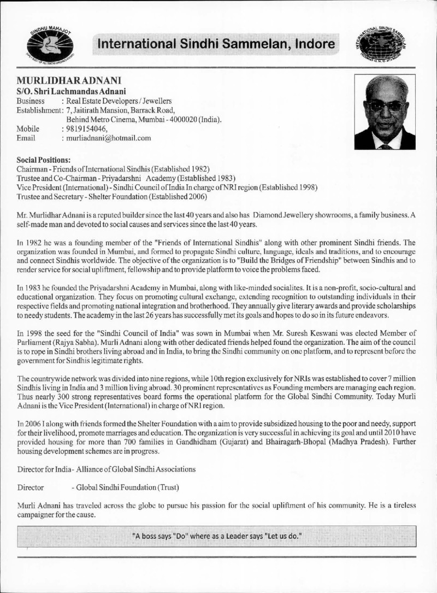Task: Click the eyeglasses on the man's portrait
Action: pos(387,105)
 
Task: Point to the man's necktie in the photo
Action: pos(386,145)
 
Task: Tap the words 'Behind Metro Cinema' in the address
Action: pos(102,119)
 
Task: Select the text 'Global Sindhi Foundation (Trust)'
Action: pos(129,486)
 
